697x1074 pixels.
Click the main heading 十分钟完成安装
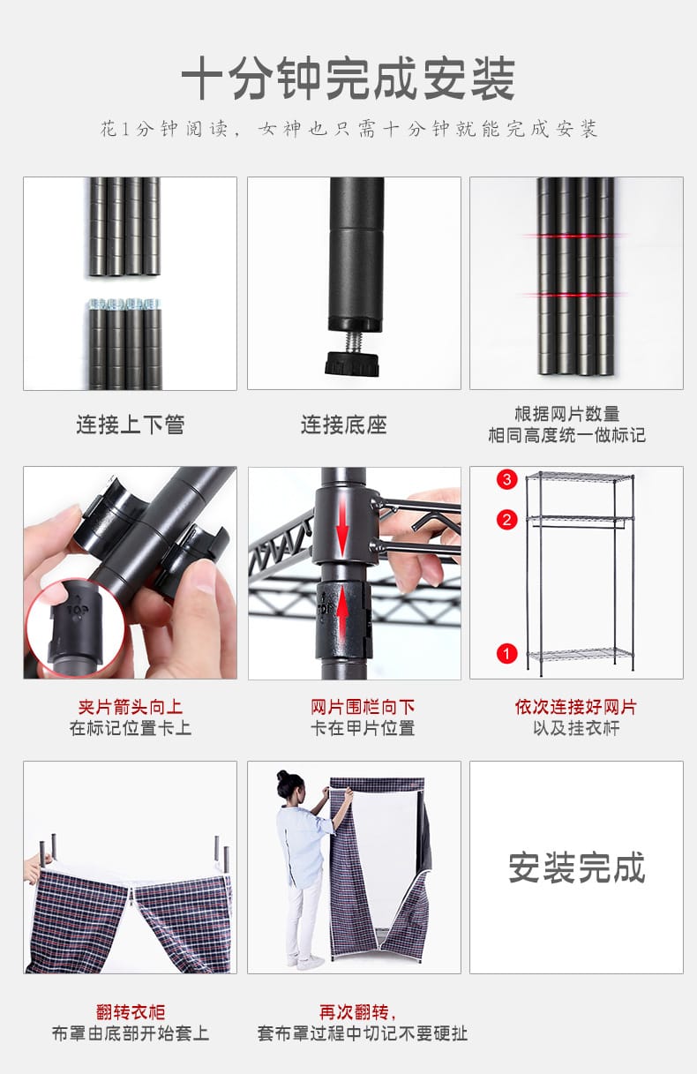tap(348, 80)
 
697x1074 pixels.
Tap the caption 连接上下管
tap(130, 424)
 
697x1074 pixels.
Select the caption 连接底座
tap(343, 424)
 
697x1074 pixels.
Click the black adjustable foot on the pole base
tap(351, 364)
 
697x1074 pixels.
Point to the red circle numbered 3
tap(506, 479)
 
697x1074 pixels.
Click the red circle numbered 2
tap(506, 520)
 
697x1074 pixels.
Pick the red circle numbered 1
tap(506, 654)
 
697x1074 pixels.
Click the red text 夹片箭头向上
tap(130, 707)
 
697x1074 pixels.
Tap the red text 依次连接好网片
tap(575, 707)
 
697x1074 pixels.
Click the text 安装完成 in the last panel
tap(576, 867)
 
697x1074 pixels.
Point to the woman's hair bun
tap(284, 776)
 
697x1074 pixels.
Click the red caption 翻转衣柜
tap(130, 1012)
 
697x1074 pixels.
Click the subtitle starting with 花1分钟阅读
tap(348, 129)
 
